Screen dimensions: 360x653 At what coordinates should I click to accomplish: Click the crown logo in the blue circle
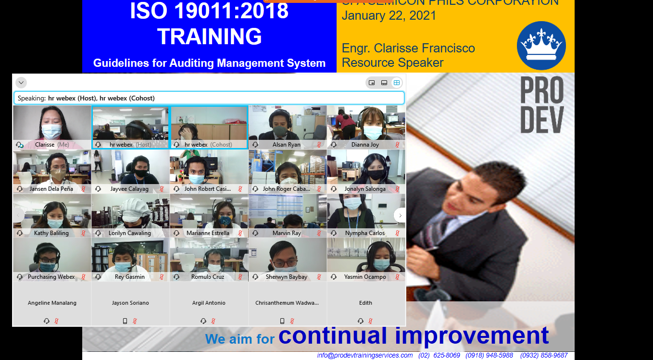point(541,46)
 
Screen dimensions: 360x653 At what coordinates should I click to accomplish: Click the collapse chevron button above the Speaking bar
point(21,83)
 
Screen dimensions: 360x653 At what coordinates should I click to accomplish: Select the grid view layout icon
point(397,83)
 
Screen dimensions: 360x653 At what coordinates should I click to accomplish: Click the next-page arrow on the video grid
point(400,215)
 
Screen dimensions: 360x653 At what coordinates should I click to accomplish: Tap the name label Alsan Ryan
point(286,145)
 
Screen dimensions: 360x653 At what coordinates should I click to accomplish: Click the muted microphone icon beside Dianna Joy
point(397,145)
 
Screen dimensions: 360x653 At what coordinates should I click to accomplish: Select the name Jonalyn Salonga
point(364,189)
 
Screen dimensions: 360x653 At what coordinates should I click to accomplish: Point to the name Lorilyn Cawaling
point(129,233)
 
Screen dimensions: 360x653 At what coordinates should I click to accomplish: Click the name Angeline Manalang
point(52,303)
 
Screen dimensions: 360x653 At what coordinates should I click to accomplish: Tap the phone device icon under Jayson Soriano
point(125,321)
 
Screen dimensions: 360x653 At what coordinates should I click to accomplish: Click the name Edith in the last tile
point(365,303)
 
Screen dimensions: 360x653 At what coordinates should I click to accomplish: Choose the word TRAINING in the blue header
point(209,37)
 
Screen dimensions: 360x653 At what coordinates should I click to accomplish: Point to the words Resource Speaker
point(392,62)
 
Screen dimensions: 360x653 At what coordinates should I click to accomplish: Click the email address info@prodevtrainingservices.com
point(364,355)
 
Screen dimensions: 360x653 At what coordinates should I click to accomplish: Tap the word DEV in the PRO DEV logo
point(541,120)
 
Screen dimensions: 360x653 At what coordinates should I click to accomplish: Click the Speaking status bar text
point(87,98)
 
